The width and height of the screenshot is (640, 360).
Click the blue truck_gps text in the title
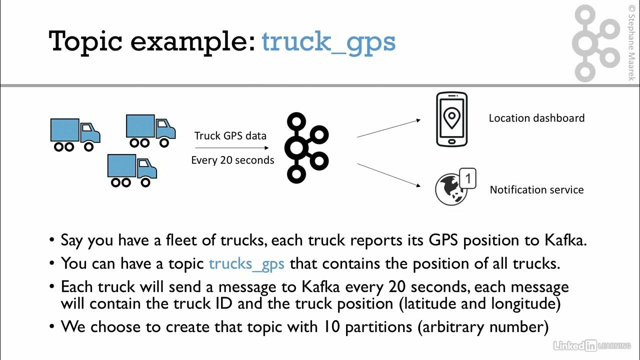tap(328, 43)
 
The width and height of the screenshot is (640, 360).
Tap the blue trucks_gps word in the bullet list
tap(246, 264)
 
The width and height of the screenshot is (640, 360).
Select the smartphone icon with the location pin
tap(451, 119)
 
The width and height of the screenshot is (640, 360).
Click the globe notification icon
tap(451, 189)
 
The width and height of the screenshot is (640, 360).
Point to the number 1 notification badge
tap(467, 178)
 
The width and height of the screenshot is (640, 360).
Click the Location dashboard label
tap(536, 118)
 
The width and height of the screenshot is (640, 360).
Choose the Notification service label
tap(536, 189)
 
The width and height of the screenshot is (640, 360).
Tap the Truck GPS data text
tap(230, 135)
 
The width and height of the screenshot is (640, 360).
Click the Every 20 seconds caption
tap(232, 160)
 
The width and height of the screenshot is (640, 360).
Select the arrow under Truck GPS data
tap(232, 147)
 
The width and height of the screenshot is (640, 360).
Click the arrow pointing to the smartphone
tap(389, 128)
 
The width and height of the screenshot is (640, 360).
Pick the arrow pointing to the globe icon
tap(389, 175)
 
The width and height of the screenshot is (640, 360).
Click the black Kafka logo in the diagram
tap(306, 147)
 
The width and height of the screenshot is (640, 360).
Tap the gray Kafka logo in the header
tap(595, 43)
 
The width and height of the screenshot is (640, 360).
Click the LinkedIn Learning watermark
tap(591, 345)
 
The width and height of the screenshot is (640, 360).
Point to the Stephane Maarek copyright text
tap(631, 43)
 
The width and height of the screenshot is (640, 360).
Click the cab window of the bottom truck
tap(143, 163)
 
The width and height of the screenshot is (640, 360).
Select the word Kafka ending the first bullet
tap(565, 240)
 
